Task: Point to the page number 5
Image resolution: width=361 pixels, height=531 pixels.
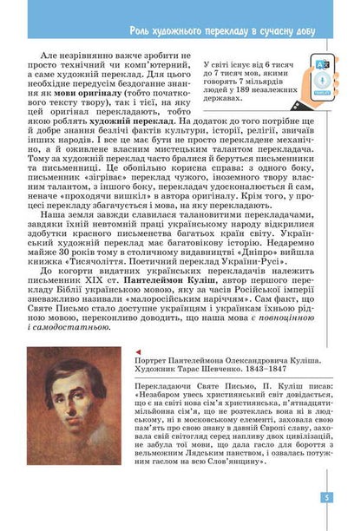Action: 348,497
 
